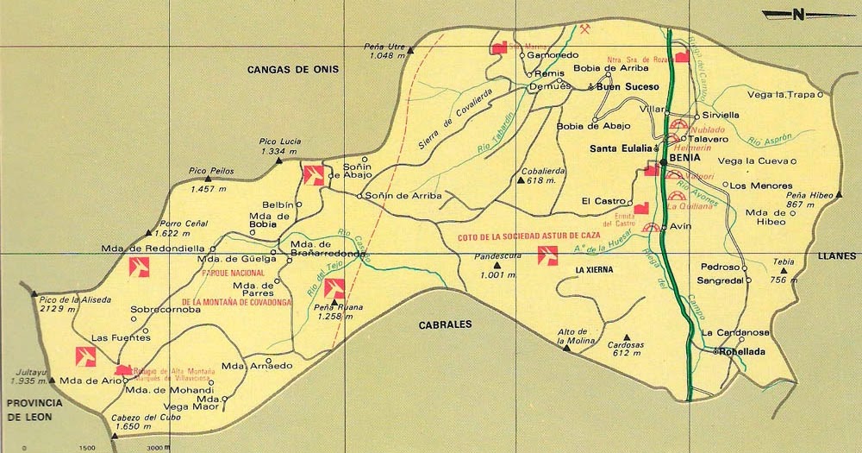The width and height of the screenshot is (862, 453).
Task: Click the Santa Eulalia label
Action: coord(620,148)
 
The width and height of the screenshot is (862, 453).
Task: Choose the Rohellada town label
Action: coord(744,351)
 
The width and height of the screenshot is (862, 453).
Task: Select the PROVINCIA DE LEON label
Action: coord(30,410)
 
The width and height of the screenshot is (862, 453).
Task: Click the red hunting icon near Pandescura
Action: coord(547,255)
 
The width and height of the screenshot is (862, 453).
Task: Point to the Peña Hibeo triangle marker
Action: coord(838,195)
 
